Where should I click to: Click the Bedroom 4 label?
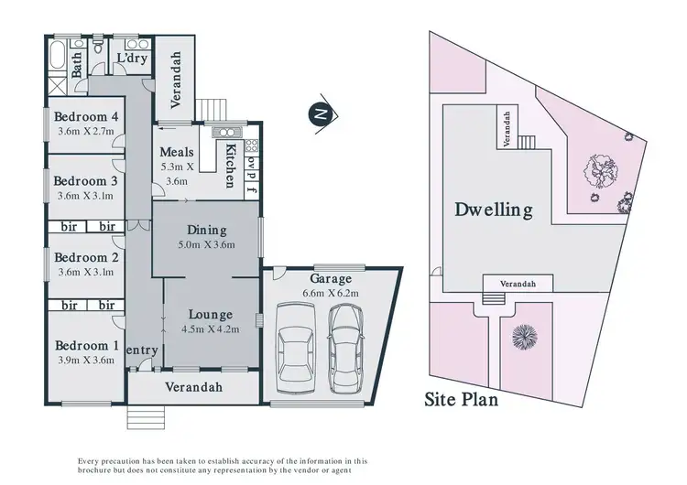coord(85,116)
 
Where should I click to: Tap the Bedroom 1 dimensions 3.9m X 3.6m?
coord(85,360)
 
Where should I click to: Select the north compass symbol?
coord(320,113)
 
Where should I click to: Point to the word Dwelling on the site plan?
coord(494,210)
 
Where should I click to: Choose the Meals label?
coord(175,152)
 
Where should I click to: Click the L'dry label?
coord(133,59)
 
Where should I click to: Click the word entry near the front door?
coord(143,350)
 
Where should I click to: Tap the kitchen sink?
coord(224,132)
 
